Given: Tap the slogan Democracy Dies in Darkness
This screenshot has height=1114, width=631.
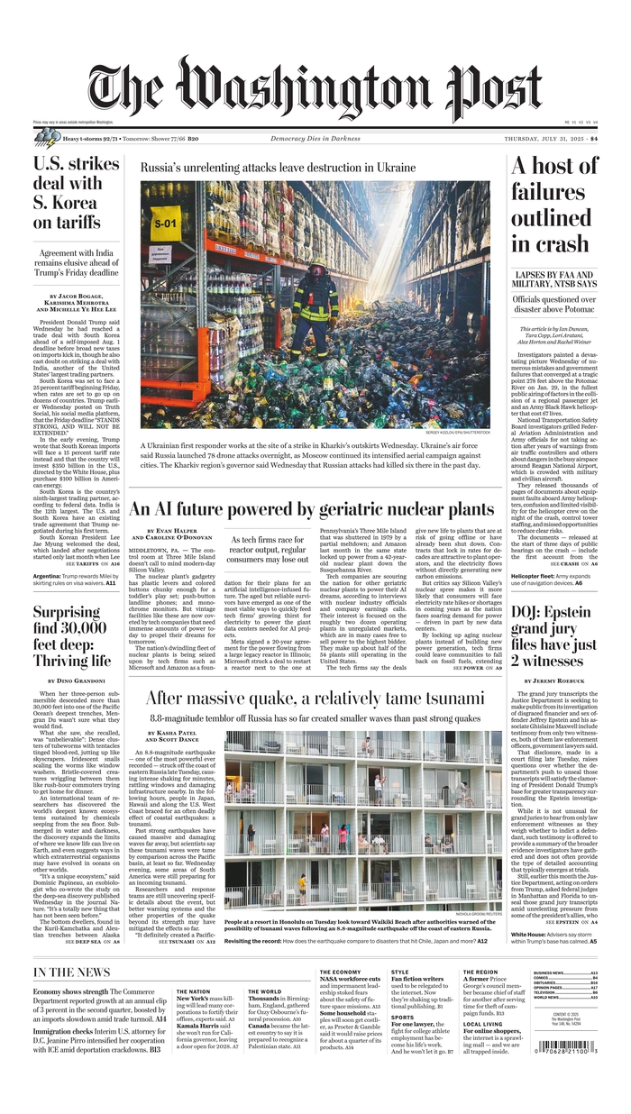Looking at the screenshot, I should (x=315, y=139).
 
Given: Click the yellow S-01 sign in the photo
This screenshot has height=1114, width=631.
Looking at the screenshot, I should (x=166, y=222).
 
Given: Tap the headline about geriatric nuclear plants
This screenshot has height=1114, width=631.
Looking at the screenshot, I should (x=312, y=509).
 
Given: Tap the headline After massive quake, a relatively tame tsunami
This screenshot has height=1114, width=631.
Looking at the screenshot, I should (x=315, y=699).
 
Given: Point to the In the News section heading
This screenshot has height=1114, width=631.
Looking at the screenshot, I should (x=72, y=972).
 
